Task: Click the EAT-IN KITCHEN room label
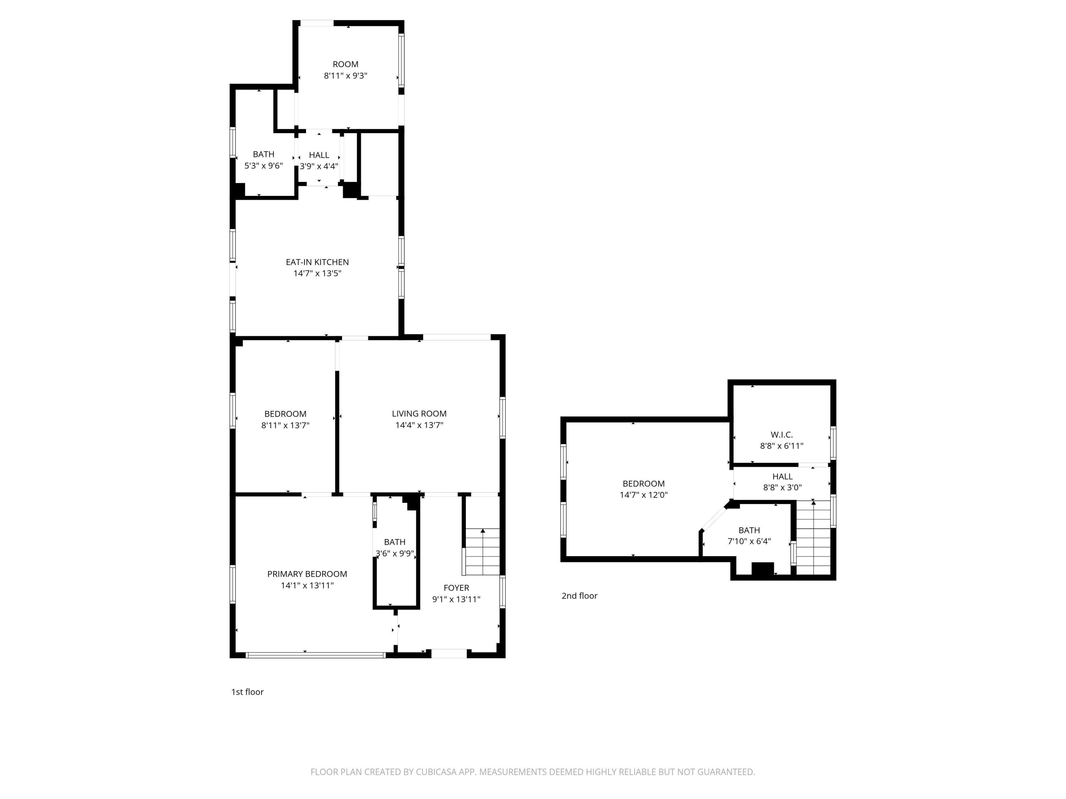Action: click(317, 262)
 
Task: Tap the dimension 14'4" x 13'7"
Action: click(419, 425)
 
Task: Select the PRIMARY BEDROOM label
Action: click(307, 574)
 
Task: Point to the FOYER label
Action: click(456, 588)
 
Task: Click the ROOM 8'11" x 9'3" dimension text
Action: click(345, 76)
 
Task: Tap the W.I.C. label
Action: click(781, 434)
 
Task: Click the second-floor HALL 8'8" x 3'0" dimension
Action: click(782, 488)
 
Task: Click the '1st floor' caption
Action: click(247, 692)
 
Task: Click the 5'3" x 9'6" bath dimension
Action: click(263, 166)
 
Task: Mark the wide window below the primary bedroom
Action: click(316, 655)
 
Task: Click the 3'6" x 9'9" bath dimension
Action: click(394, 553)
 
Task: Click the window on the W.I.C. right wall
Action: click(833, 442)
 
